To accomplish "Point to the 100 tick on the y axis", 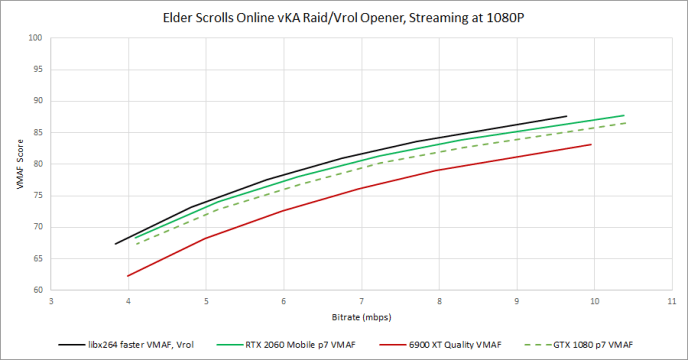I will tap(37, 38).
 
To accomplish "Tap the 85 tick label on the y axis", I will tap(39, 132).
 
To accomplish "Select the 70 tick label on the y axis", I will tap(39, 227).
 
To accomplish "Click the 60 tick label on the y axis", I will tap(39, 290).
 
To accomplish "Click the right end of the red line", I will tap(591, 144).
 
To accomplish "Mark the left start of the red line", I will tap(128, 276).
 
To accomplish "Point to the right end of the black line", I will tap(566, 116).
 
